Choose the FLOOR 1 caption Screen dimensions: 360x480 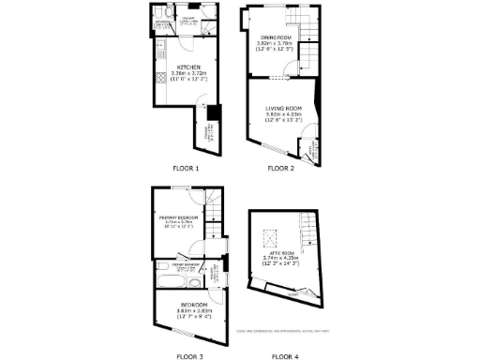click(x=187, y=169)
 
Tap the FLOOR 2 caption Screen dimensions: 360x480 click(x=280, y=169)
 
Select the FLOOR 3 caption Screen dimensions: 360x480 click(x=188, y=356)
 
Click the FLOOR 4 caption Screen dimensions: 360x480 click(x=285, y=356)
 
